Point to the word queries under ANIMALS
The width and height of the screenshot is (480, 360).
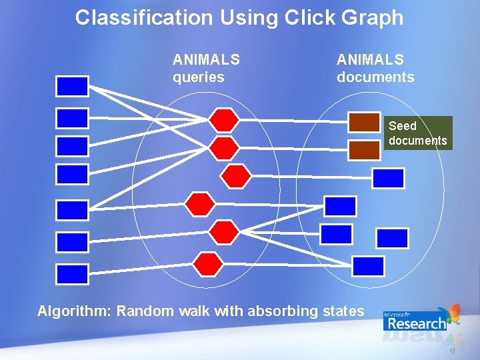199,77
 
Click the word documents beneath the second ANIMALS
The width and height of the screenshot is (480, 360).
375,77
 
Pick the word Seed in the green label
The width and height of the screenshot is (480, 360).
402,125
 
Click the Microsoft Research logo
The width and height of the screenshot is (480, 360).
420,318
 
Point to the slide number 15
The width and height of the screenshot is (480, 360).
452,351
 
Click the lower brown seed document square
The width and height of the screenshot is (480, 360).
364,149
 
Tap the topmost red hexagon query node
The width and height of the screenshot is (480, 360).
224,120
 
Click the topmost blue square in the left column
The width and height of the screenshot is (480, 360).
72,86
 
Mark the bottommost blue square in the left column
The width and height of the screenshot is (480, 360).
72,274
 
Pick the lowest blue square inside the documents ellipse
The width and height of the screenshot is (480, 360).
368,266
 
